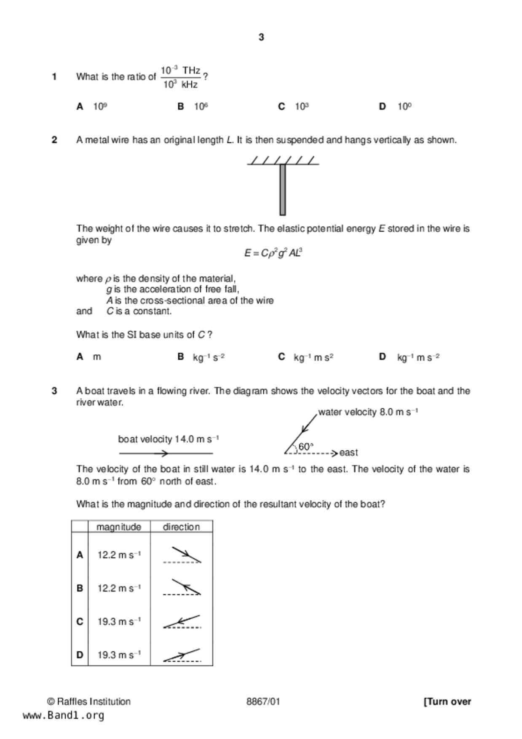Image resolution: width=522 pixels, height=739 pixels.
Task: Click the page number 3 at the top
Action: click(x=261, y=37)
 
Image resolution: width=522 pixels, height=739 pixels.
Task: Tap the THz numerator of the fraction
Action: click(x=180, y=70)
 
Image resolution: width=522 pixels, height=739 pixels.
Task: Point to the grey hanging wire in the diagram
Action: click(x=283, y=190)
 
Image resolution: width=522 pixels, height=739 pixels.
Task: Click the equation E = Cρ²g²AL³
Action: click(x=273, y=253)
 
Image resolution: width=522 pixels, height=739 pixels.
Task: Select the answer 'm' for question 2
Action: click(x=97, y=357)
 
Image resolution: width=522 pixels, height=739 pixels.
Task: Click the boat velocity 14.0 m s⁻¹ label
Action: click(x=168, y=439)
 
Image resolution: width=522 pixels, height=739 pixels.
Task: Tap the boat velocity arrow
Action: click(x=166, y=453)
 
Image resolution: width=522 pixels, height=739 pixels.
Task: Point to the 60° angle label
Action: click(x=305, y=447)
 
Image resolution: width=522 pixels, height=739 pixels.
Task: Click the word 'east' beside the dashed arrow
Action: click(x=348, y=453)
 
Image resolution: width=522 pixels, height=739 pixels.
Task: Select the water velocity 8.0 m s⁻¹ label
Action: click(x=368, y=412)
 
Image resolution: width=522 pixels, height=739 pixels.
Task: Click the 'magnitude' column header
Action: click(x=119, y=527)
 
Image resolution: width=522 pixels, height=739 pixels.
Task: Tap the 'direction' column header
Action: click(x=181, y=527)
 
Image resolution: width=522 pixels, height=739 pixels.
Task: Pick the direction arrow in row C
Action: click(x=182, y=622)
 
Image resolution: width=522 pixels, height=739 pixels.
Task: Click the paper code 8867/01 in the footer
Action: click(x=263, y=702)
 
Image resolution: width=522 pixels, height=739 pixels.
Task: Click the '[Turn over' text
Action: click(x=447, y=702)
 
